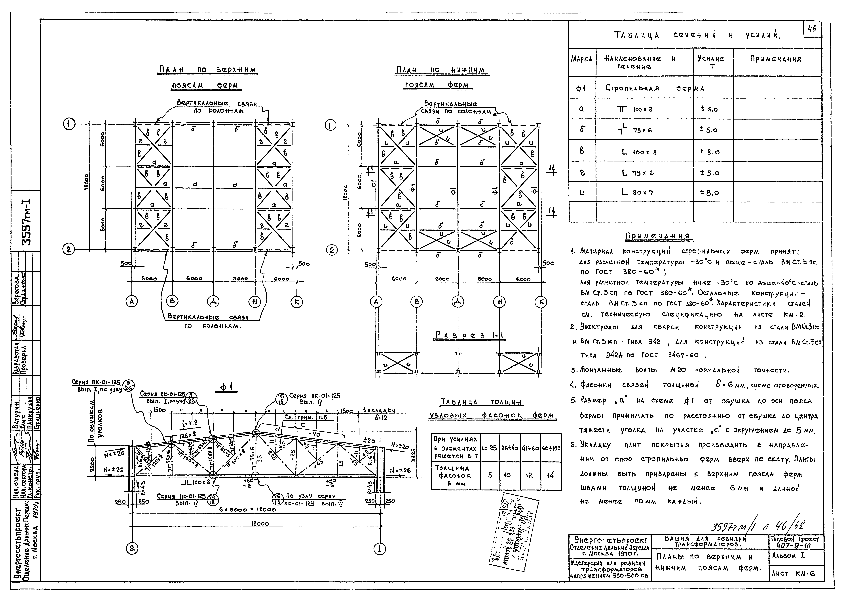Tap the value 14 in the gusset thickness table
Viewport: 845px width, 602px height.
click(551, 475)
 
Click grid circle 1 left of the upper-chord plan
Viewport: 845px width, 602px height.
click(69, 125)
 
